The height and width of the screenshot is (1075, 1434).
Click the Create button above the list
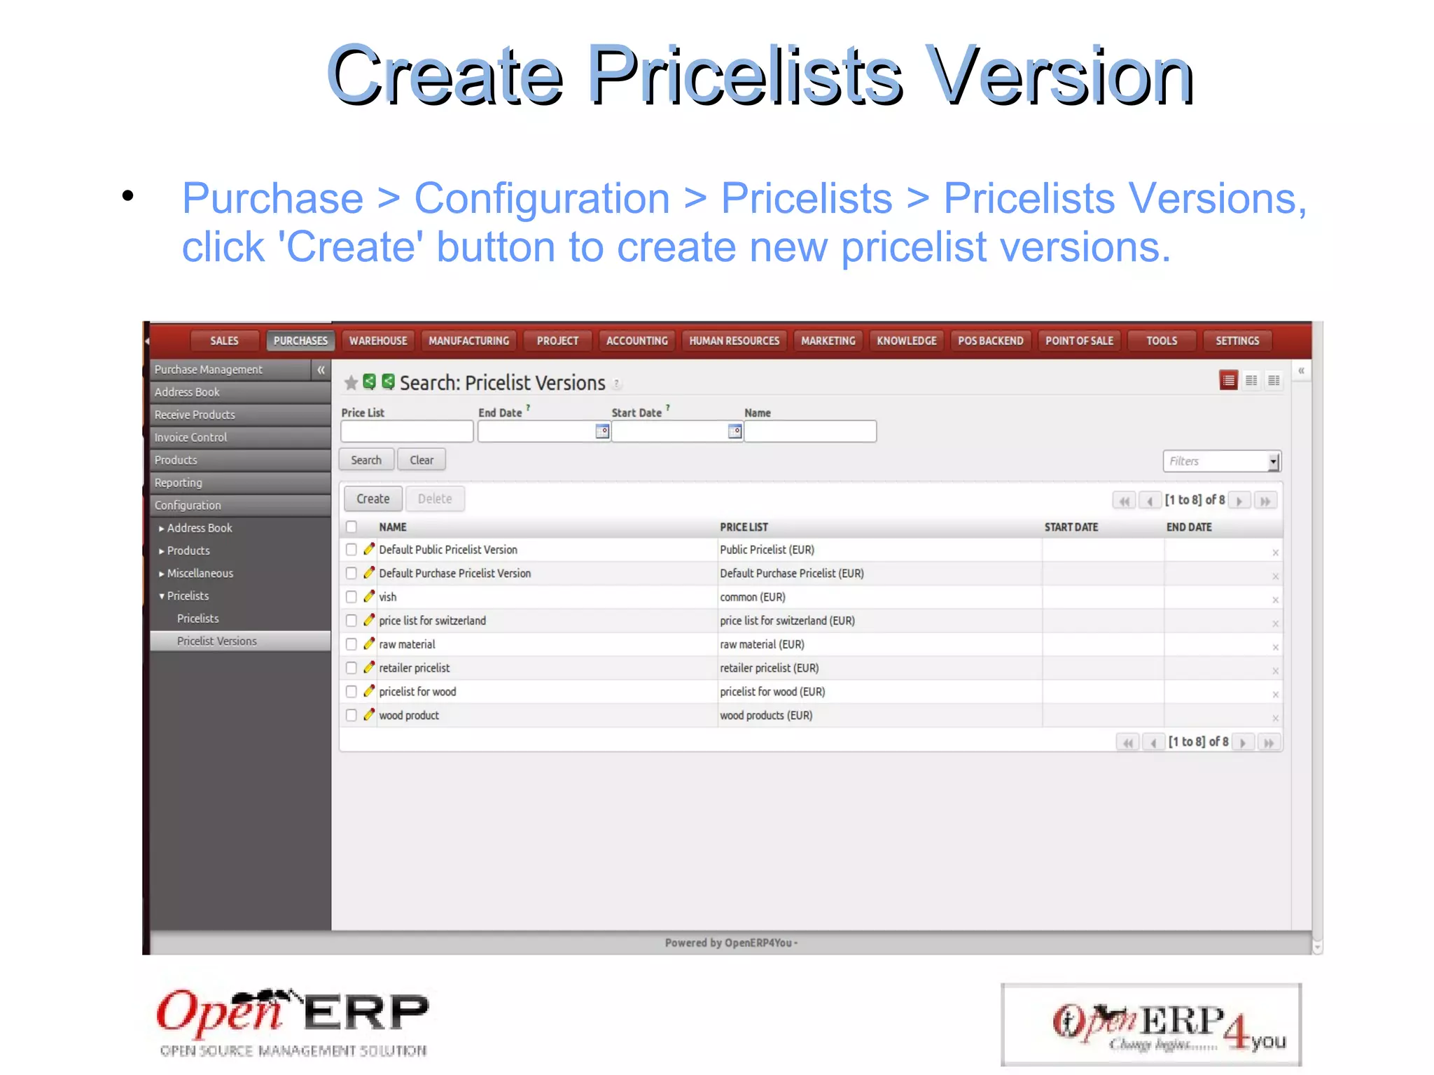pos(373,499)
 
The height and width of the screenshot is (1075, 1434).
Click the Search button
pos(366,460)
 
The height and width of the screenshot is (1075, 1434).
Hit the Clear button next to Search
pos(422,460)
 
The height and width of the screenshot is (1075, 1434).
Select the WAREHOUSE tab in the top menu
pos(378,341)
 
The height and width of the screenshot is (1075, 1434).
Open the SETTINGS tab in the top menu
pos(1237,341)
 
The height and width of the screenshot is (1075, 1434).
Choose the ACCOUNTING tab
pos(636,341)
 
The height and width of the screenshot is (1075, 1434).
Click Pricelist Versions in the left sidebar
pos(217,641)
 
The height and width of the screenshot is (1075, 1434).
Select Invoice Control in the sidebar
pos(191,437)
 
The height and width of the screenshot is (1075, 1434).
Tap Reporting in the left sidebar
pos(179,483)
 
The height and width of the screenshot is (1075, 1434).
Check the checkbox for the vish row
pos(351,597)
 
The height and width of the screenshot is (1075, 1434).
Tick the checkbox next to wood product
pos(351,715)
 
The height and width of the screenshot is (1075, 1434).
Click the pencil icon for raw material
pos(369,644)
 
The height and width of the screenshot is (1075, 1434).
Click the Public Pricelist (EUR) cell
pos(767,550)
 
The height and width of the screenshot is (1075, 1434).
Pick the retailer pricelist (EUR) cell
pos(769,668)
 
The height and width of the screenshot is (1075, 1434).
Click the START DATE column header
pos(1071,527)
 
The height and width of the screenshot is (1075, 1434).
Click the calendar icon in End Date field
pos(601,431)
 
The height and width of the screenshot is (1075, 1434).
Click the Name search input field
pos(810,431)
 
